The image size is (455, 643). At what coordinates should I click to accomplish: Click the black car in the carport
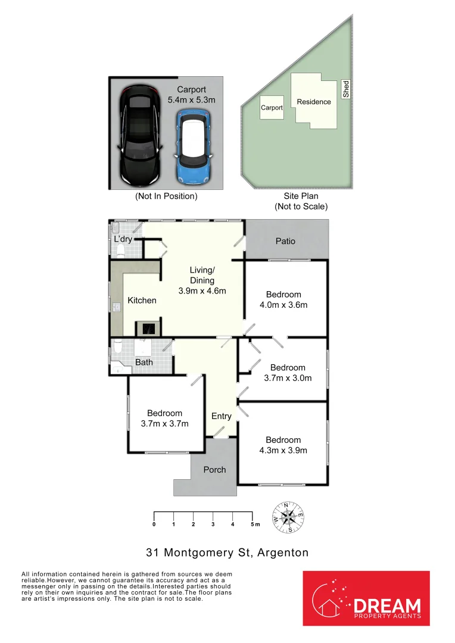click(x=139, y=135)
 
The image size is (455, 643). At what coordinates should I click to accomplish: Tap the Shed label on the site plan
click(x=346, y=89)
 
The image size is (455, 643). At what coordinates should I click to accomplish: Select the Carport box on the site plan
click(x=272, y=108)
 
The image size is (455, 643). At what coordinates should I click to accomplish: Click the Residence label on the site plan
click(x=314, y=102)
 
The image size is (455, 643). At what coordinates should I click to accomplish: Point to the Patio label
click(x=285, y=241)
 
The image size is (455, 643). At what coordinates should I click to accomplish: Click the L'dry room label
click(x=123, y=239)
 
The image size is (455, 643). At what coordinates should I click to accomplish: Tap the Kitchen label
click(x=142, y=300)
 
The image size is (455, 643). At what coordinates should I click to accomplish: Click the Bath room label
click(x=144, y=362)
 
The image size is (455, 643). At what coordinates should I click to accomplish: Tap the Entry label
click(x=221, y=416)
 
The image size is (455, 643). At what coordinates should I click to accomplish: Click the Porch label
click(x=214, y=470)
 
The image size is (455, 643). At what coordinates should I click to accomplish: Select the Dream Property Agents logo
click(x=366, y=598)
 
